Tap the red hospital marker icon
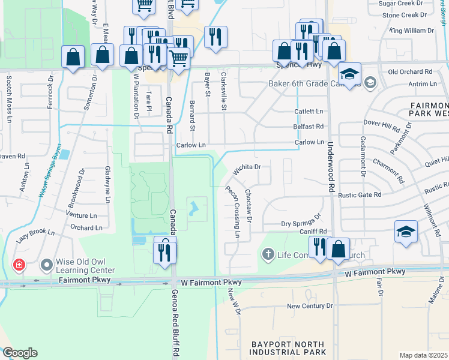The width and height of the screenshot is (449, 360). pyautogui.click(x=19, y=265)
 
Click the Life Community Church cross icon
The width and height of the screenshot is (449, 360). pyautogui.click(x=268, y=255)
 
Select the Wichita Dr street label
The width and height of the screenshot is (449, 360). pyautogui.click(x=246, y=169)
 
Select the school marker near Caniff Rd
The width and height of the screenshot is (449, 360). pyautogui.click(x=406, y=232)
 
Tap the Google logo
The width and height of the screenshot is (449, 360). pyautogui.click(x=20, y=353)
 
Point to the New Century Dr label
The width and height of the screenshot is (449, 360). pyautogui.click(x=310, y=306)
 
